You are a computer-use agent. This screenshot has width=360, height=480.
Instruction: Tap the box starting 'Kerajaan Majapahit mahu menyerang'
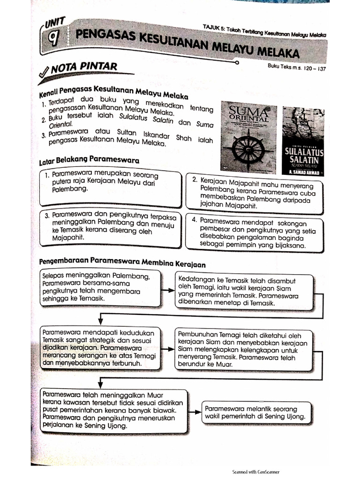254,192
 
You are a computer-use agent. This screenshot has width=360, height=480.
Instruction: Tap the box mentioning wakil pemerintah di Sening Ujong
256,412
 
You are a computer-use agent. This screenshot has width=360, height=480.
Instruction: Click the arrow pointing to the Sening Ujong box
194,412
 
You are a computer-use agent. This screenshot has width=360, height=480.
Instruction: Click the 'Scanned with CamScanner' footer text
256,472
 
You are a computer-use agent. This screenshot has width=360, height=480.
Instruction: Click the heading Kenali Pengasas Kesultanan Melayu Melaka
112,92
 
